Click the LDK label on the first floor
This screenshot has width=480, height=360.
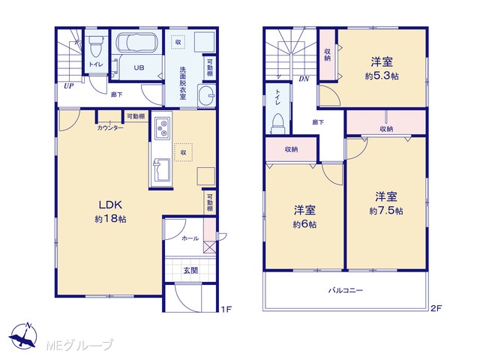[x=110, y=205]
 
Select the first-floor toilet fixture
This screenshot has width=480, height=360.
[x=96, y=46]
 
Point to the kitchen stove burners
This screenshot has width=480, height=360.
[x=163, y=128]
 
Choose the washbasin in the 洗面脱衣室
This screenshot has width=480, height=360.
[x=206, y=94]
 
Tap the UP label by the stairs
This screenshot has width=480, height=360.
[x=68, y=86]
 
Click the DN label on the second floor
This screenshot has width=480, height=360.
[x=304, y=79]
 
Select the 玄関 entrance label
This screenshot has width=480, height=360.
[x=190, y=270]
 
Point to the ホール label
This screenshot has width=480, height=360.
[x=190, y=238]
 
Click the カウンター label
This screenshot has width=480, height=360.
[x=110, y=128]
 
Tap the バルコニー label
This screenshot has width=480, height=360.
[x=346, y=290]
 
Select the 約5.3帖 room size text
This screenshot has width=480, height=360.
[x=382, y=76]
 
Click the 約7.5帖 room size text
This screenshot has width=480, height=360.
[x=386, y=211]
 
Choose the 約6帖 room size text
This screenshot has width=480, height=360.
[x=304, y=224]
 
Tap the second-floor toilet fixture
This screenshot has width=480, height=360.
[x=277, y=123]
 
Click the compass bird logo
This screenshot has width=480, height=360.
[x=23, y=337]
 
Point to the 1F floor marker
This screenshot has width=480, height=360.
[x=226, y=309]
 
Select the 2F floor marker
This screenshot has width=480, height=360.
[x=436, y=308]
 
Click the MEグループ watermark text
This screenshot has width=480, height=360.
[x=79, y=345]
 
